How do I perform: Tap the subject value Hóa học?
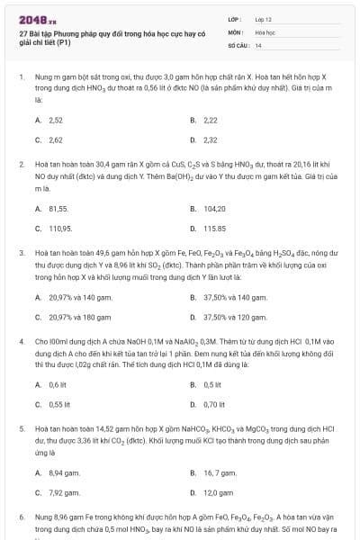click(x=264, y=31)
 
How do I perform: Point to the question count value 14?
click(x=258, y=45)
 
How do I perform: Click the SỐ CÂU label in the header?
click(x=237, y=45)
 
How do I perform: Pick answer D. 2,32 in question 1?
click(x=204, y=140)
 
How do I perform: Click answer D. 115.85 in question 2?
click(x=208, y=229)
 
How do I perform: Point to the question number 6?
click(x=21, y=519)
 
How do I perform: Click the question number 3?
click(x=21, y=255)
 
